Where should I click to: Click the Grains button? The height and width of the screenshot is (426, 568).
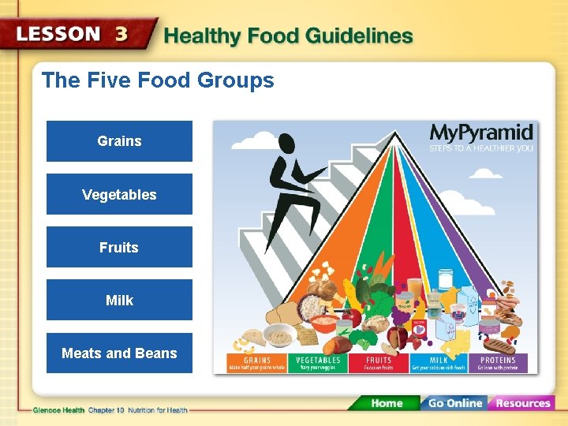click(x=119, y=141)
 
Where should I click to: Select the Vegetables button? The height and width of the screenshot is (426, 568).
click(x=119, y=194)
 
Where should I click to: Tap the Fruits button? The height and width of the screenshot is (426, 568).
click(x=119, y=247)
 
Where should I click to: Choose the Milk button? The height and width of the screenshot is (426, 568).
click(x=119, y=300)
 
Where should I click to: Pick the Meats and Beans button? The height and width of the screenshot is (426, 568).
click(x=119, y=353)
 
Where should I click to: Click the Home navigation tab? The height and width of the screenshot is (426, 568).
click(x=387, y=403)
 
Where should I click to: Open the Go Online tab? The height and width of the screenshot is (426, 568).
click(x=454, y=403)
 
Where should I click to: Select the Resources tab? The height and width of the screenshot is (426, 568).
click(x=523, y=403)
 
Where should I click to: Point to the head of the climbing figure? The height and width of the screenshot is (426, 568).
click(x=286, y=144)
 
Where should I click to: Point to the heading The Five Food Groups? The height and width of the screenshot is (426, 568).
click(x=158, y=80)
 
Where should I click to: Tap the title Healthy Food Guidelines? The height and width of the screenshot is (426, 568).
click(x=288, y=36)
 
